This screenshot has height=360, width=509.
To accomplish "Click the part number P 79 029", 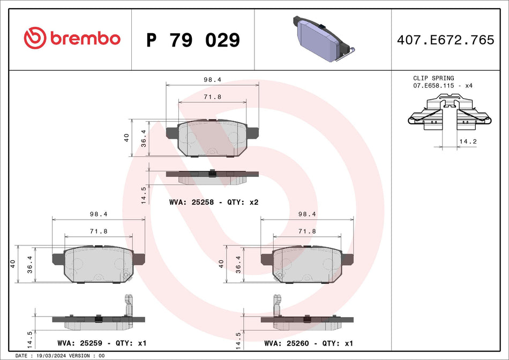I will click(193, 40).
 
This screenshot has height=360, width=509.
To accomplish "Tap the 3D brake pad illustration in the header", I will click(322, 39).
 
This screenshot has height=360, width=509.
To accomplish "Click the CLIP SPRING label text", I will click(433, 78).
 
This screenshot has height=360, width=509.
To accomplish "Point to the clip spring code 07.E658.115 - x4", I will click(443, 86).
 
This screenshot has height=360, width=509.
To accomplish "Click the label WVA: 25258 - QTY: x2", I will click(214, 202).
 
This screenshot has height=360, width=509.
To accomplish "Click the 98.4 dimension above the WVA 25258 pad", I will click(212, 79).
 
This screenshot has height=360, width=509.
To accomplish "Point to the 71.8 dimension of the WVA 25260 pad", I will click(307, 231).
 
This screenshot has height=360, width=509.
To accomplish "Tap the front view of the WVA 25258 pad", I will click(212, 138).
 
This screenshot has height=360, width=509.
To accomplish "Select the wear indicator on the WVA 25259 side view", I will click(128, 305).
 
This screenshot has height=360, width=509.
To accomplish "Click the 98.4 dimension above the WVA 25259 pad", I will click(99, 214).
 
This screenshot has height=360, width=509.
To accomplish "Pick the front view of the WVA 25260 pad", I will click(307, 264).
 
